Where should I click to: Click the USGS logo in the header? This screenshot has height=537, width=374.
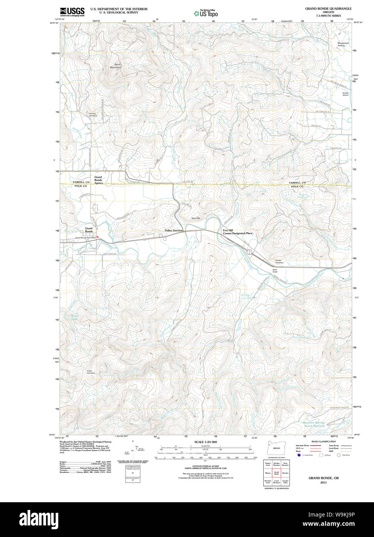(72, 12)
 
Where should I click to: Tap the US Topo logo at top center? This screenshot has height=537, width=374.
(206, 14)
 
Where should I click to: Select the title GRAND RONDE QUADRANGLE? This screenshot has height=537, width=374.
(328, 8)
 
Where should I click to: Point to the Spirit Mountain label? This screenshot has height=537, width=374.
(115, 66)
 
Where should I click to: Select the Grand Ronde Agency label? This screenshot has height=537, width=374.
(98, 180)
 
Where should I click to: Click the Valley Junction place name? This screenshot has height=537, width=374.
(174, 231)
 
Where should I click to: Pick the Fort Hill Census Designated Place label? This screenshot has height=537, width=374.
(237, 232)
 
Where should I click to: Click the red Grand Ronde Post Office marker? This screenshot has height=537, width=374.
(98, 238)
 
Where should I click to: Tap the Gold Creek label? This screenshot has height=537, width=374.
(275, 270)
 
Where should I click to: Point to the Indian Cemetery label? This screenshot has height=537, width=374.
(91, 372)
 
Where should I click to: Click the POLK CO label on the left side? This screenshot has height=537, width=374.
(81, 186)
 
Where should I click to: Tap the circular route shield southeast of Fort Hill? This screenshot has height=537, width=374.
(250, 252)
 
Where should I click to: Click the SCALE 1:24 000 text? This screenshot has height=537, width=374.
(206, 442)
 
